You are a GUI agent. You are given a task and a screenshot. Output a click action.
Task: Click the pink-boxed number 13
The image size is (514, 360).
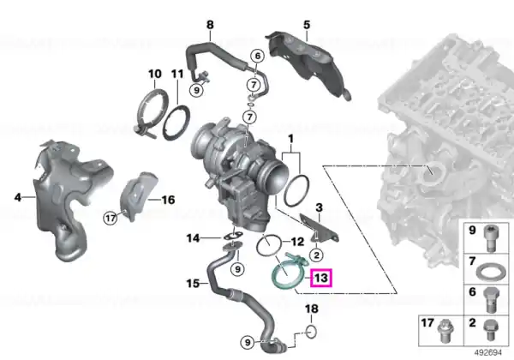[x=321, y=278]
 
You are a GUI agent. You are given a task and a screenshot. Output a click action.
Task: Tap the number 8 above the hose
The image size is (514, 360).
[x=210, y=25]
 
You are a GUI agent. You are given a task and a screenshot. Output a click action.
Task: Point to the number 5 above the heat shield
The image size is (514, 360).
[x=307, y=25]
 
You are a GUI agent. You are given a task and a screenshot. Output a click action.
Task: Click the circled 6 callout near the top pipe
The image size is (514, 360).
[x=258, y=56]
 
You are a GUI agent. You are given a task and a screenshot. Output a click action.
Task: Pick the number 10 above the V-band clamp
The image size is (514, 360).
[x=155, y=74]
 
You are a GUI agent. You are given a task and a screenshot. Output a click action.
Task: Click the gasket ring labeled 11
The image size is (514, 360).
[x=176, y=123]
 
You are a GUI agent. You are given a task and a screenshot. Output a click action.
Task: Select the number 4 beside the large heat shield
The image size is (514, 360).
[x=18, y=197]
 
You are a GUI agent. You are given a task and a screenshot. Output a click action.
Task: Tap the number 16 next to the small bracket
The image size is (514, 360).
[x=168, y=200]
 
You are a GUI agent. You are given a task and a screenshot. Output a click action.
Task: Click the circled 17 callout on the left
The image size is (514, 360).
[x=111, y=218]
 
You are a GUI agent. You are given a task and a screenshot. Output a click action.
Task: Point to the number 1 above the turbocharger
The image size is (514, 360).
[x=290, y=140]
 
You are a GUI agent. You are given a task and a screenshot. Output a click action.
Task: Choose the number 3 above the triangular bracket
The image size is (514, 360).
[x=319, y=207]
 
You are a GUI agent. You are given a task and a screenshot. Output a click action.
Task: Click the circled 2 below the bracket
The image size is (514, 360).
[x=316, y=255]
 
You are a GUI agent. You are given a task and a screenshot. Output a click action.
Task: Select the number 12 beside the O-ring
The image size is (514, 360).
[x=297, y=242]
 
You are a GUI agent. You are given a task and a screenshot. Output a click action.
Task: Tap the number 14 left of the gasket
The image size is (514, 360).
[x=193, y=237]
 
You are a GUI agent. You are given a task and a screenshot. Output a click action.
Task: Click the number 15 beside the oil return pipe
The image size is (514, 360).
[x=193, y=283]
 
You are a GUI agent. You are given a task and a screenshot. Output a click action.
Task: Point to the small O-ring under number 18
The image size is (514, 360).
[x=311, y=332]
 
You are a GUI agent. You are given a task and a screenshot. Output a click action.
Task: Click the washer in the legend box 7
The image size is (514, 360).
[x=487, y=273]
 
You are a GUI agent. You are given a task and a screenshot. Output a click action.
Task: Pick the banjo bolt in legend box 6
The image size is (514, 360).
[x=491, y=300]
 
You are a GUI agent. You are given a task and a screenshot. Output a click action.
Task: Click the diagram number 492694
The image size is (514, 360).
[x=487, y=352]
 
